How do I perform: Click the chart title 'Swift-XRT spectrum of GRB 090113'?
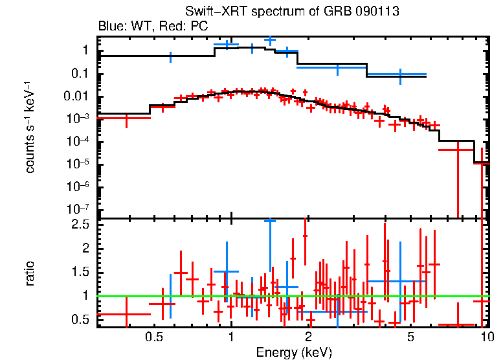291,12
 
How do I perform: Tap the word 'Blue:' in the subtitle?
111,27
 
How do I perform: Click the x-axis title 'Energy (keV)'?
294,353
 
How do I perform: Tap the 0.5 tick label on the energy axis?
153,337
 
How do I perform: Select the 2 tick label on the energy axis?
308,337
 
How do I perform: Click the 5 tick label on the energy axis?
410,337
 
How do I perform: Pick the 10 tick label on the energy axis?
487,337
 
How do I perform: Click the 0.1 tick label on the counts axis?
80,74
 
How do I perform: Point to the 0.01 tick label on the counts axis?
76,96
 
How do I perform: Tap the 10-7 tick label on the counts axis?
78,209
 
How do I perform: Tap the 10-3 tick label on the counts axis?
78,119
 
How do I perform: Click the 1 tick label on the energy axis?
231,337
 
